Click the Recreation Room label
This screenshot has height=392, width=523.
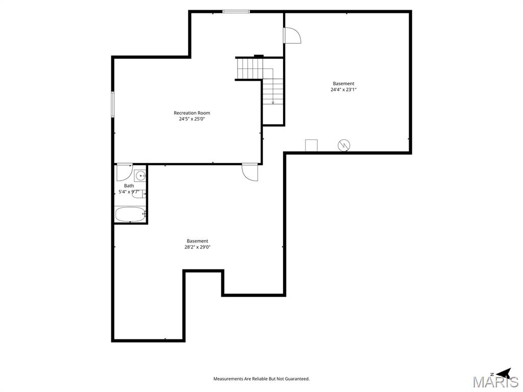coord(192,113)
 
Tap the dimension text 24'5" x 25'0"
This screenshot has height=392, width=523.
coord(192,119)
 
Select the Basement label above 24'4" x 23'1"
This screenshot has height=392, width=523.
coord(343,84)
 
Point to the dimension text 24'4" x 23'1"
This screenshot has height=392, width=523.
coord(343,90)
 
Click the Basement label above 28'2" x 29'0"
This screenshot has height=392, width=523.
coord(197,241)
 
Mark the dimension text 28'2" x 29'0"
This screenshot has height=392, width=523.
coord(197,247)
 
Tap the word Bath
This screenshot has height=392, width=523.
coord(129,186)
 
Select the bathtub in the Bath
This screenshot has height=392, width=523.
coord(130,214)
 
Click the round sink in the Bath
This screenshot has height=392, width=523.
coord(140,176)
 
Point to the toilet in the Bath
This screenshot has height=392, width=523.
coord(139,194)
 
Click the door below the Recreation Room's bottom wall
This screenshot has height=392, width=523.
coord(250,172)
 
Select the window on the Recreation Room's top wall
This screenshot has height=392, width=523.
coord(236,11)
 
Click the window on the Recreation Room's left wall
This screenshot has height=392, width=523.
coord(113,105)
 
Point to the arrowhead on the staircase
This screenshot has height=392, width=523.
coord(273,103)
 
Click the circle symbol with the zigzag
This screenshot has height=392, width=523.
coord(344,145)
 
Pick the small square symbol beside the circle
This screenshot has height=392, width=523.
coord(311,145)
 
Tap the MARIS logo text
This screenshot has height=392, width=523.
coord(495,382)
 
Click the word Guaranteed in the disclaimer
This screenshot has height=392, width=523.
coord(296,379)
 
